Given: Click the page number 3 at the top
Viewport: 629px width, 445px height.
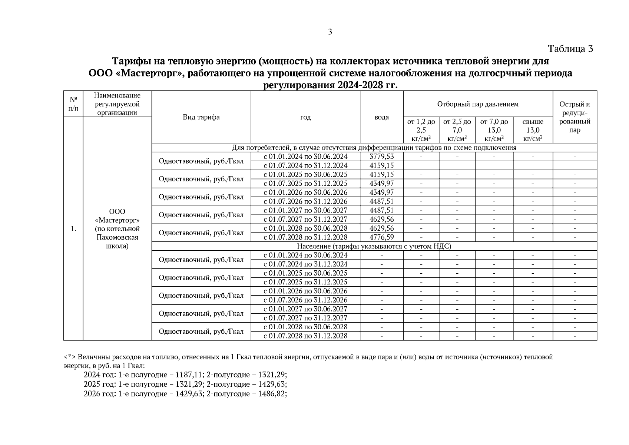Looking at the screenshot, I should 330,32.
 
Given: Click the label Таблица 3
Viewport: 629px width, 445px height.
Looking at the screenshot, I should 570,49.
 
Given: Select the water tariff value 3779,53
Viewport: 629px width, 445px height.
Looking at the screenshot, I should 381,156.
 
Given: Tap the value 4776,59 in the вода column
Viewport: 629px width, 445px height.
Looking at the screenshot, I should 381,237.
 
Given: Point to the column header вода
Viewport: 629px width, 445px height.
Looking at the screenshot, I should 381,117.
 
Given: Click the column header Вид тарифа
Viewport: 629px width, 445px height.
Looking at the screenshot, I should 201,117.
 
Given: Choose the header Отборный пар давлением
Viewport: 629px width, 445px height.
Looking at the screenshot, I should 477,104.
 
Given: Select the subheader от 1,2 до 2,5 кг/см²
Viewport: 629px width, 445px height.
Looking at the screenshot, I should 421,130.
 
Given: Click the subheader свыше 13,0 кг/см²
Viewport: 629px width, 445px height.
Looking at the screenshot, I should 533,130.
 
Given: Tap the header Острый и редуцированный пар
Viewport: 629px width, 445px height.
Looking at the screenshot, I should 575,117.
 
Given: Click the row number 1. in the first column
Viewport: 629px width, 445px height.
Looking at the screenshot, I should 73,229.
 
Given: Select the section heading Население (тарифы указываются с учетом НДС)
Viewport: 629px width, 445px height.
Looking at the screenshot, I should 374,246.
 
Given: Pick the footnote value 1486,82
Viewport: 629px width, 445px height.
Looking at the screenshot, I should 272,393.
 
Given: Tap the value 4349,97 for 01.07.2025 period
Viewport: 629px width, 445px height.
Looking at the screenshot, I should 381,184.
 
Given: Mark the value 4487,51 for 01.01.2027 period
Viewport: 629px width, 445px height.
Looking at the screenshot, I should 381,210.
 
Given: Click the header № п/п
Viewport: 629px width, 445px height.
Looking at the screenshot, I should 73,104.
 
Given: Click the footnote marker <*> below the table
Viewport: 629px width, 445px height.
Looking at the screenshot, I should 70,357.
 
